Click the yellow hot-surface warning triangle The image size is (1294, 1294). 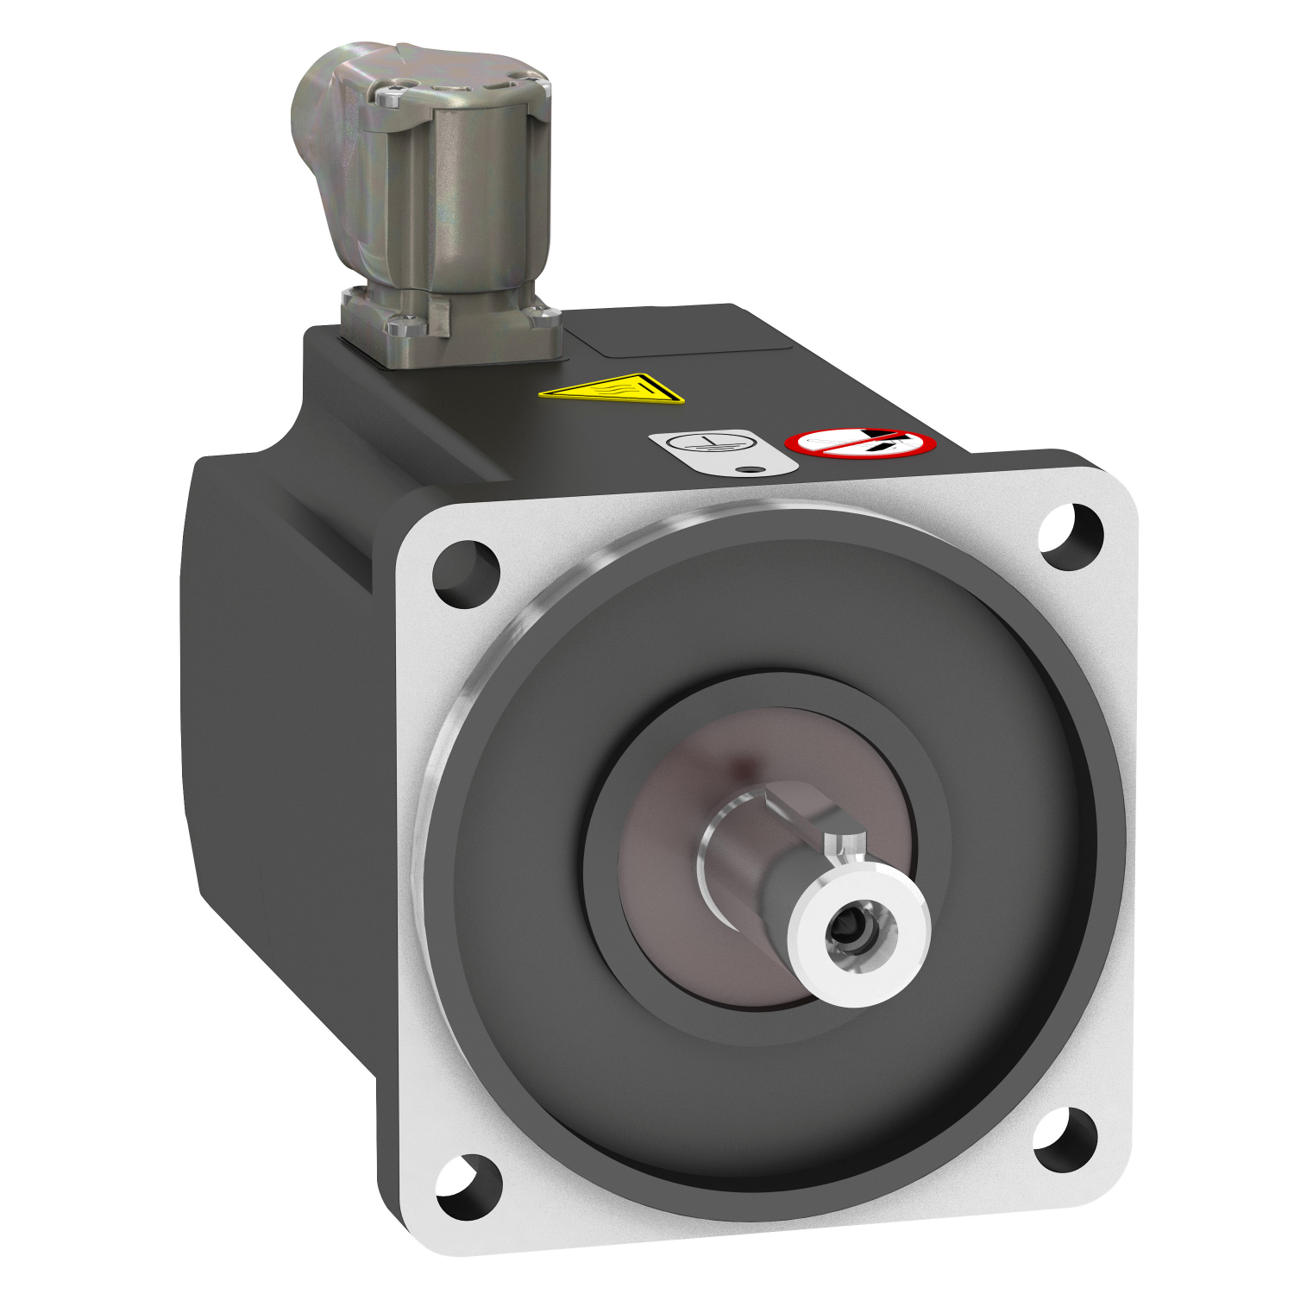pos(614,390)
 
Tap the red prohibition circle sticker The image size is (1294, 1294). pos(860,443)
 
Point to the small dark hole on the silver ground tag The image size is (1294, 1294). pos(753,470)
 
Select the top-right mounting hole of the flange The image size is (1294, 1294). pos(1071,537)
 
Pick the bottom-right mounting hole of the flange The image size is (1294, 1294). pos(1065,1139)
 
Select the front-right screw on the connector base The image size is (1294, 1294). pos(543,317)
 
